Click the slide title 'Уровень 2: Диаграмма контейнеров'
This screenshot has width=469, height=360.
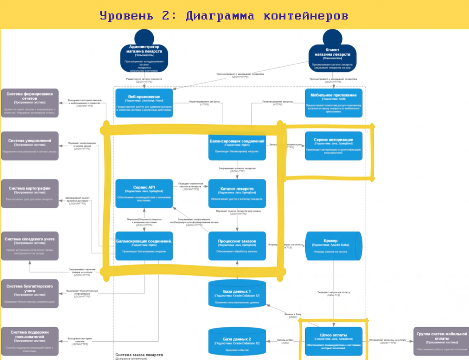(224, 16)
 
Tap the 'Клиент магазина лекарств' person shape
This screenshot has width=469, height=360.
(332, 54)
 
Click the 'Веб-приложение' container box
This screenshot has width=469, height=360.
(144, 103)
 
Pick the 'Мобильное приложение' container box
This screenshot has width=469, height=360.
(334, 103)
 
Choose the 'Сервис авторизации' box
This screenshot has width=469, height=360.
(333, 146)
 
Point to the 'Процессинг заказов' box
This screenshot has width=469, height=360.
(237, 246)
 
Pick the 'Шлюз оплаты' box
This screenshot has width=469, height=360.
(333, 341)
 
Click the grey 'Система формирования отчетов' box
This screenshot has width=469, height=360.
(30, 103)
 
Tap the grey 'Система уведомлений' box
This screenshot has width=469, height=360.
(30, 146)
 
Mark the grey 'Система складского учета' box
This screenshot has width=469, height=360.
(30, 246)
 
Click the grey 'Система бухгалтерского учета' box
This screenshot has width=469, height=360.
(30, 293)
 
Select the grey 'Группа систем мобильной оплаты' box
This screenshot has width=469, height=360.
(441, 341)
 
